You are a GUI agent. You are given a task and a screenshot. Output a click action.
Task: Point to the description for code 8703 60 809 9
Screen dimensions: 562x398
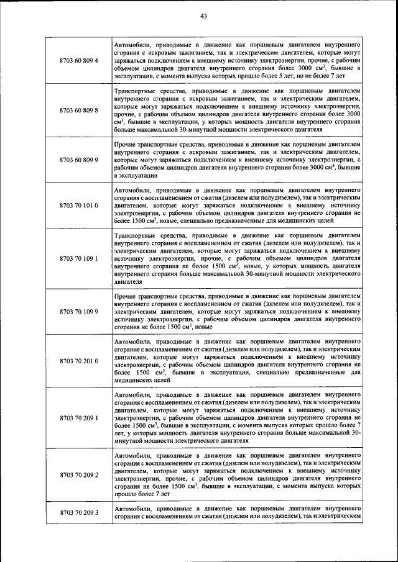[x=238, y=160]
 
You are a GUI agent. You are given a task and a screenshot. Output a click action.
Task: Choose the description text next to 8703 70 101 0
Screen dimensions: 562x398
[x=238, y=204]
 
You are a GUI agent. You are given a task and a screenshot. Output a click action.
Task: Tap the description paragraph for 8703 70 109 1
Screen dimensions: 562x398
[x=238, y=258]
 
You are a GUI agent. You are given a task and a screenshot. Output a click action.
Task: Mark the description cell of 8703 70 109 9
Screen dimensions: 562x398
[x=238, y=311]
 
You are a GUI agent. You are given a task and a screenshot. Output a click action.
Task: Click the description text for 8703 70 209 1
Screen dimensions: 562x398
[x=238, y=418]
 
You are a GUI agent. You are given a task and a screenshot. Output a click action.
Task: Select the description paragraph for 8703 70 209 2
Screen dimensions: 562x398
[x=238, y=475]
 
